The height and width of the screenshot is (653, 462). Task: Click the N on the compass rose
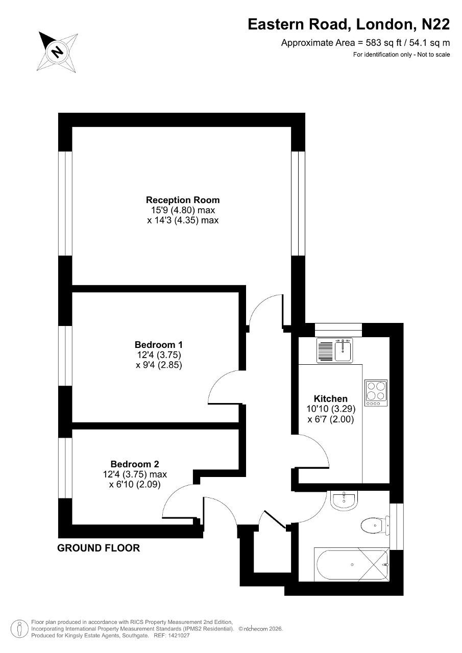[x=57, y=52]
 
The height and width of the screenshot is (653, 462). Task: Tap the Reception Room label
[x=183, y=200]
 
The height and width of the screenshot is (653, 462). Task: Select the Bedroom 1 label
[x=159, y=344]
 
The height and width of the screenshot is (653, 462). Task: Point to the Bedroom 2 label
[x=135, y=464]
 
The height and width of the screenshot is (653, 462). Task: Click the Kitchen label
[x=330, y=398]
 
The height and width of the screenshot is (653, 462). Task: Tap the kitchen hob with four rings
[x=376, y=393]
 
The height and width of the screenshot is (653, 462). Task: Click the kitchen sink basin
[x=343, y=351]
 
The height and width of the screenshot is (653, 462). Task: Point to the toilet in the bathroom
[x=375, y=525]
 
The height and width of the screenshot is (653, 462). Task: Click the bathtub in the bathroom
[x=351, y=565]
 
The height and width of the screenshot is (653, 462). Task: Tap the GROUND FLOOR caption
[x=99, y=548]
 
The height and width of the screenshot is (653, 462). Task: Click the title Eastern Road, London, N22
[x=349, y=24]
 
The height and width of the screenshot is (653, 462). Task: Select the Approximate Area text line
[x=365, y=43]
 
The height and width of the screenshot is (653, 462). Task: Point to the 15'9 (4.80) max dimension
[x=183, y=210]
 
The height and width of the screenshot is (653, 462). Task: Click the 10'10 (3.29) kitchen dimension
[x=331, y=409]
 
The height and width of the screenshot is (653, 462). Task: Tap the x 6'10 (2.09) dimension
[x=135, y=484]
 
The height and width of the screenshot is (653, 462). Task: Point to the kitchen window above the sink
[x=338, y=330]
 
